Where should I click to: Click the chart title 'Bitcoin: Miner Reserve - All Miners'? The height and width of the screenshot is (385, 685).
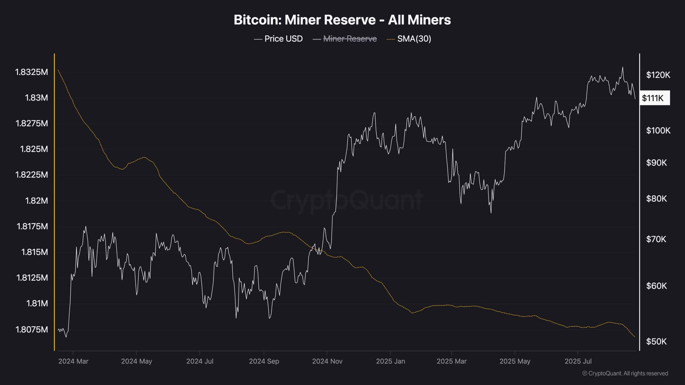(x=342, y=20)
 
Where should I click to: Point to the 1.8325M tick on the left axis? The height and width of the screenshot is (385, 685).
(x=32, y=72)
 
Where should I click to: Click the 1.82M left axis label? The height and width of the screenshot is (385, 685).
(x=36, y=201)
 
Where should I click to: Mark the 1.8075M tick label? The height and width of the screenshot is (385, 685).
(x=32, y=329)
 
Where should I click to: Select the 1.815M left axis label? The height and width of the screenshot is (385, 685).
(x=35, y=252)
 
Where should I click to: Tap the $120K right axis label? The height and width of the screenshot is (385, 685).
(x=658, y=75)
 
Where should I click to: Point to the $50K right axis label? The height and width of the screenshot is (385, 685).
(x=656, y=341)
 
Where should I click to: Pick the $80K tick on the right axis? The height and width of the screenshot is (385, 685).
(x=656, y=199)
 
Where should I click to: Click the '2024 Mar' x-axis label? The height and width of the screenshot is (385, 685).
(x=73, y=361)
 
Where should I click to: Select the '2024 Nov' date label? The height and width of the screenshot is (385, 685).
(x=327, y=361)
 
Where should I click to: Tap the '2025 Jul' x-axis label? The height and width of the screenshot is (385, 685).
(x=578, y=361)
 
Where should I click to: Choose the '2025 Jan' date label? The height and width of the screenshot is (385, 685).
(x=390, y=361)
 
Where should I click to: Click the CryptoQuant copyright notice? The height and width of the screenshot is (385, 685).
(x=625, y=373)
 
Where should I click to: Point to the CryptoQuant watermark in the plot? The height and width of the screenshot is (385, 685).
(x=347, y=199)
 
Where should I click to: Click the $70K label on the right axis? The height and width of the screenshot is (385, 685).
(x=656, y=239)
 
